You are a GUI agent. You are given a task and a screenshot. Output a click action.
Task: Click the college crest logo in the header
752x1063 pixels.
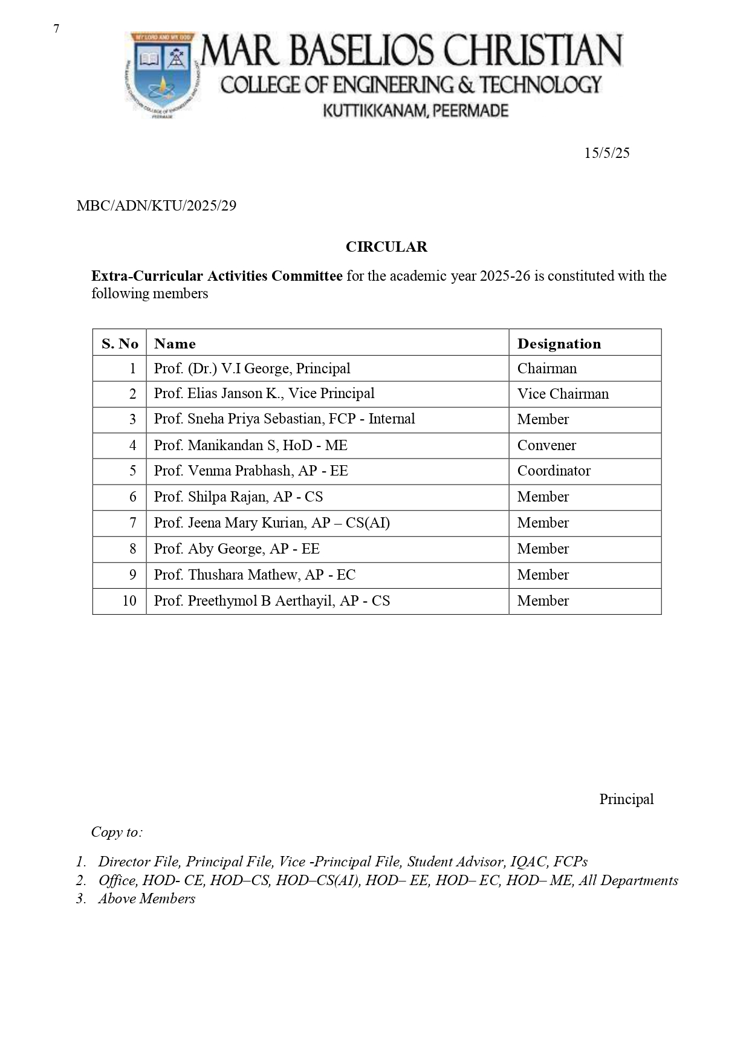tap(161, 74)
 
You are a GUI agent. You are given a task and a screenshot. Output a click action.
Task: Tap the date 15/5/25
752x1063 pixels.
tap(606, 153)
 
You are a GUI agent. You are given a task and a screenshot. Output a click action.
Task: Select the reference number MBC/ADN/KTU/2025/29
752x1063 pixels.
tap(156, 206)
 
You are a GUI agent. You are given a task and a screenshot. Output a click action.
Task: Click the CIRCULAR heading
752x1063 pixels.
tap(386, 247)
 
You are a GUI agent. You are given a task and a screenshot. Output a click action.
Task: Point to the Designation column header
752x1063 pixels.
tap(559, 344)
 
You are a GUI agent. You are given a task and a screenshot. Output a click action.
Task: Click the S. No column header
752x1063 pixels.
tap(120, 344)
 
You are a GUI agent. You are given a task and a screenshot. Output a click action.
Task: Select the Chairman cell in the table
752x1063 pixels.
tap(547, 368)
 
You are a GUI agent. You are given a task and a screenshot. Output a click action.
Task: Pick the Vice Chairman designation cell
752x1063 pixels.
tap(563, 394)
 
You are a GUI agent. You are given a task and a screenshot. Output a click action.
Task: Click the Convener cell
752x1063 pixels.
tap(546, 445)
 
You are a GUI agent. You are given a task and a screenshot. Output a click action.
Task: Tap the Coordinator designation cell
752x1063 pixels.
tap(554, 471)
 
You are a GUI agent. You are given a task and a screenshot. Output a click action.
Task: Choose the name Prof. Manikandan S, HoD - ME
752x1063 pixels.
tap(251, 445)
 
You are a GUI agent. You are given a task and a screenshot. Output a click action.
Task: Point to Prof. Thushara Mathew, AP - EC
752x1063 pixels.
tap(254, 575)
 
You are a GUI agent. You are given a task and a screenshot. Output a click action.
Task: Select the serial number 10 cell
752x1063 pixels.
tap(129, 601)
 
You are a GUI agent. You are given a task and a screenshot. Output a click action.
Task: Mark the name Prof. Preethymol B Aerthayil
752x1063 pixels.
tap(272, 601)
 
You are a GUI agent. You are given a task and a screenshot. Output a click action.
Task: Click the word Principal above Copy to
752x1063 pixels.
tap(626, 799)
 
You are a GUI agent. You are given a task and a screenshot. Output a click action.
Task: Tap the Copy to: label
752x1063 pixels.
tap(117, 832)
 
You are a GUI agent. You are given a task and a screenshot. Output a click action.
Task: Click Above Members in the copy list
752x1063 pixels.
tap(147, 898)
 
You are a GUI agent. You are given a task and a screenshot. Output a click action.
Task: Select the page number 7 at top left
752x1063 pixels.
tap(56, 28)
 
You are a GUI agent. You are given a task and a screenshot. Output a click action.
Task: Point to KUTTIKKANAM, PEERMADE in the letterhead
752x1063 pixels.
tap(416, 111)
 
